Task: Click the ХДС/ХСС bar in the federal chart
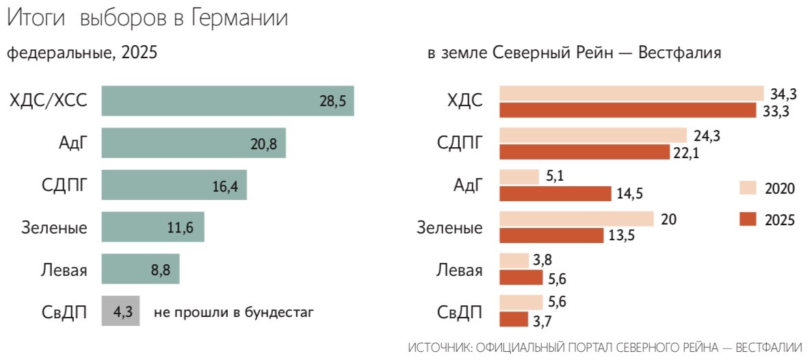(227, 101)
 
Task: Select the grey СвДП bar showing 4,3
(120, 312)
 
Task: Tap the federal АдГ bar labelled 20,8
(193, 143)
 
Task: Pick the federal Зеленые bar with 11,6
(153, 227)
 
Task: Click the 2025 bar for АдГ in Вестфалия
(555, 194)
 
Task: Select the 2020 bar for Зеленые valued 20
(577, 219)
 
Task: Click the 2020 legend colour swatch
(748, 188)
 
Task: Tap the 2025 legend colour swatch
(748, 219)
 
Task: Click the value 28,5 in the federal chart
(332, 101)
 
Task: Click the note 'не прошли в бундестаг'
(233, 313)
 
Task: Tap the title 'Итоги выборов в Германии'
(147, 18)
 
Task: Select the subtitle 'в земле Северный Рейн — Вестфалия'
(574, 53)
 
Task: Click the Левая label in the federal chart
(63, 270)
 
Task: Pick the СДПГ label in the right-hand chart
(460, 143)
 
